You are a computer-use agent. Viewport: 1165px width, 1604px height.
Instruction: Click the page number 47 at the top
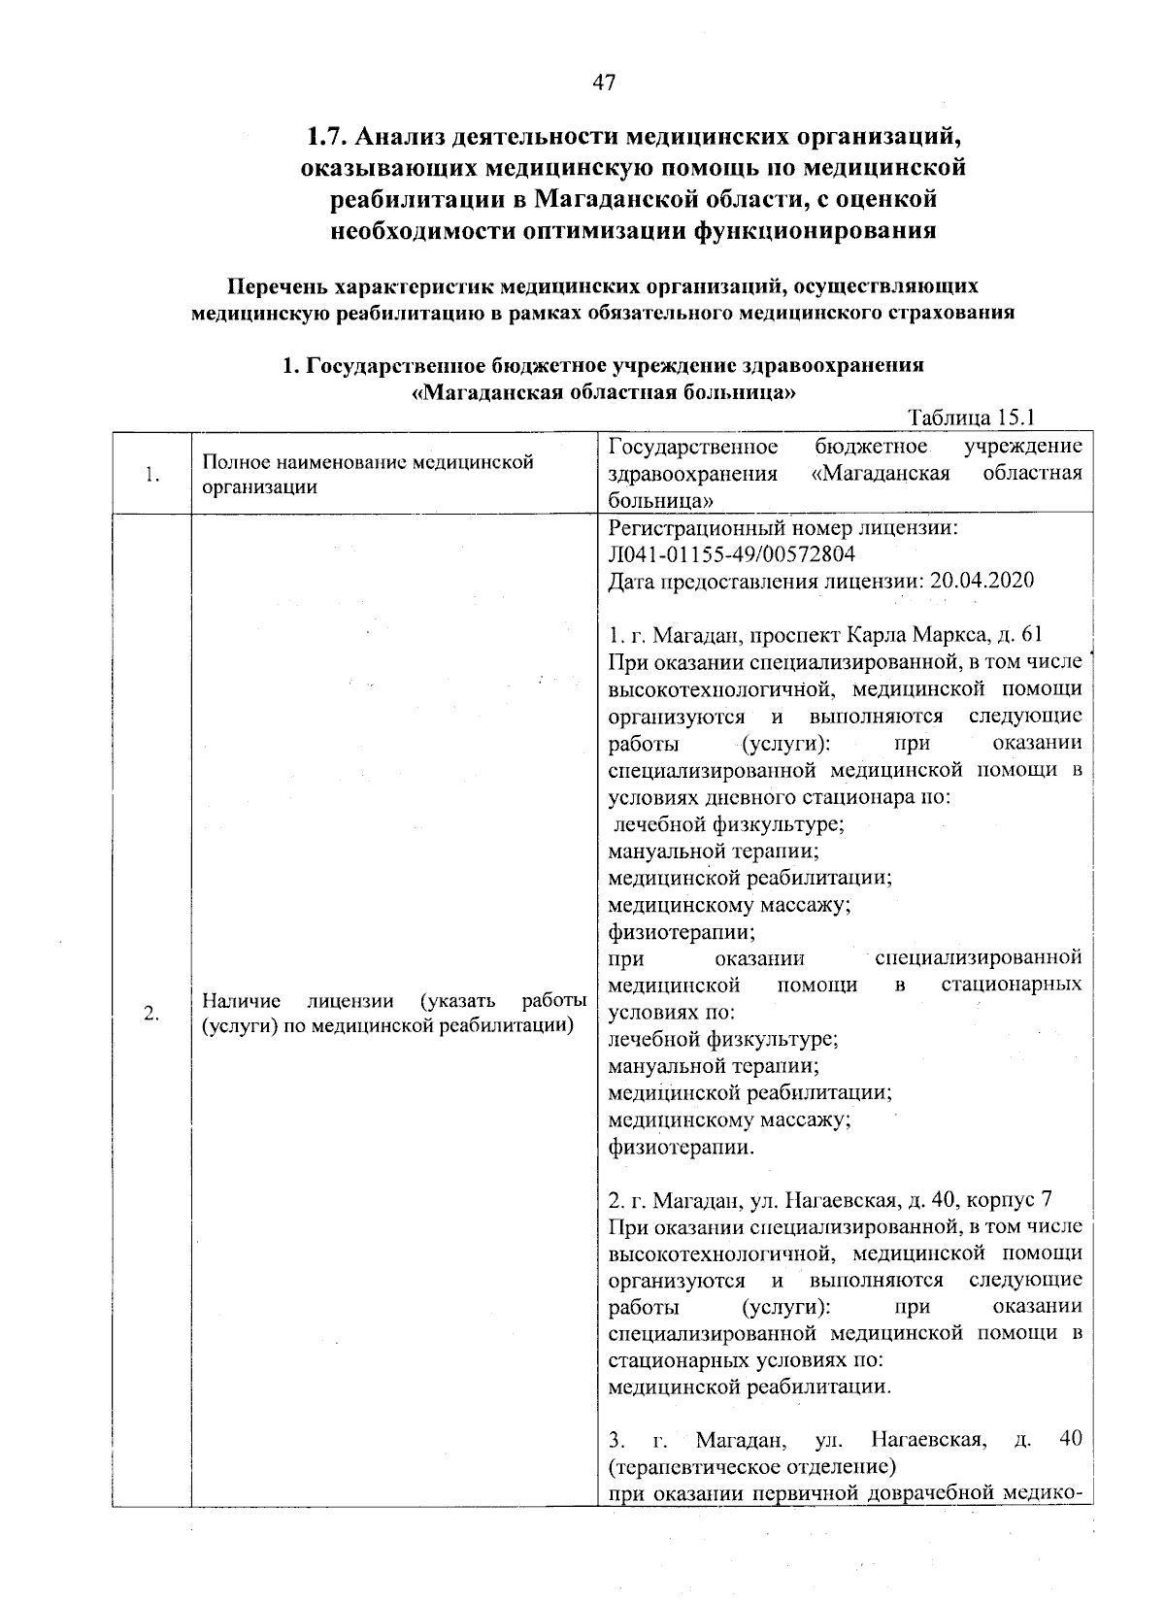tap(604, 83)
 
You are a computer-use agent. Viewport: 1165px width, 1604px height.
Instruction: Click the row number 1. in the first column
tap(150, 475)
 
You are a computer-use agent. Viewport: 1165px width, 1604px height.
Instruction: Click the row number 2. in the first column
tap(150, 1014)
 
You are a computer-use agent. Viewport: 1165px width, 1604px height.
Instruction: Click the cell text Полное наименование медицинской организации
tap(367, 474)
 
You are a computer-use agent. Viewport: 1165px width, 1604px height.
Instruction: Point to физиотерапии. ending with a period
tap(680, 1148)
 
